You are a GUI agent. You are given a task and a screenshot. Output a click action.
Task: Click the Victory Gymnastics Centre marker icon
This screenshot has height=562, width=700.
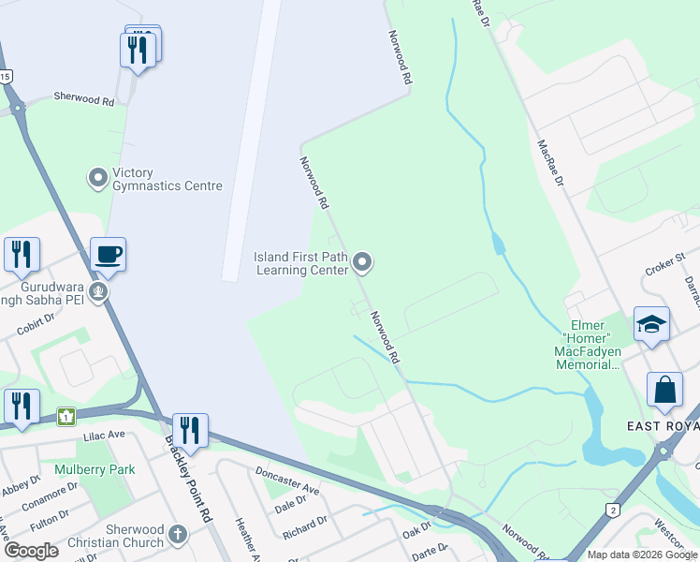98,177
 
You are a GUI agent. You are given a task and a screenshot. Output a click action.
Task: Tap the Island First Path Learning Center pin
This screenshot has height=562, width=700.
363,263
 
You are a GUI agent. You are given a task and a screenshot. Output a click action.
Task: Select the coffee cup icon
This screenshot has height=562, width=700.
108,255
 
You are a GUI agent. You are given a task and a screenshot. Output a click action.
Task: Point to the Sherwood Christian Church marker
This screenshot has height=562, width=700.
178,535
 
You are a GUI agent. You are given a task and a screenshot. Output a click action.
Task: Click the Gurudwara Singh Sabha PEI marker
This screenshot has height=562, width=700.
98,293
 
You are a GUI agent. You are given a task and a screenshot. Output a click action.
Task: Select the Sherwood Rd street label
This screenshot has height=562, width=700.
83,96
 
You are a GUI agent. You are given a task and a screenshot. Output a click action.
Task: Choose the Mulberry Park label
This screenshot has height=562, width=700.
95,469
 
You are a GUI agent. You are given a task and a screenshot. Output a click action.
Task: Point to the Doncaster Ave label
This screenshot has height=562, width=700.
286,482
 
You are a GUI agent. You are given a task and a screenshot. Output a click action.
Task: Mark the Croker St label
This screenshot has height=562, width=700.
665,264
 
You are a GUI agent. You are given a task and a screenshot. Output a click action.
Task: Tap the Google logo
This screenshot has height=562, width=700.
31,551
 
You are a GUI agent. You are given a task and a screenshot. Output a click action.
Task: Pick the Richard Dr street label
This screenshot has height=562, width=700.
304,527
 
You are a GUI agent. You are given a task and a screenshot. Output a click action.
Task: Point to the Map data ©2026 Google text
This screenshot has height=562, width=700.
641,555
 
